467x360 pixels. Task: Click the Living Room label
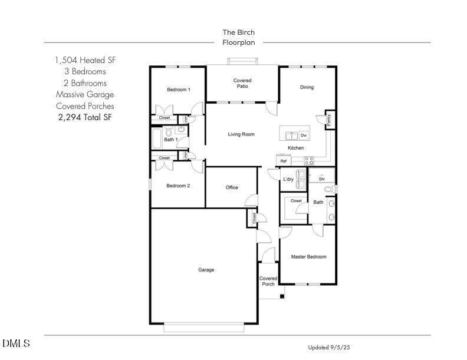(241, 134)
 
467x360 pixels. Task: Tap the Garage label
(206, 270)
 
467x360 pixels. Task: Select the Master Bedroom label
(308, 257)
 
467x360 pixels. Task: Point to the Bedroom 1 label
(178, 90)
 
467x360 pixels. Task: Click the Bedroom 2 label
(178, 186)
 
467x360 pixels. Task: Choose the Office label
(232, 187)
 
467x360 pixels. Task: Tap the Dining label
(307, 88)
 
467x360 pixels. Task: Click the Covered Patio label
(242, 83)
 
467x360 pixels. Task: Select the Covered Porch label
(268, 281)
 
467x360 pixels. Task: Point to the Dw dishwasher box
(304, 136)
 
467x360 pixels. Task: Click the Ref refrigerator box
(284, 161)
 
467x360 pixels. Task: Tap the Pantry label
(328, 120)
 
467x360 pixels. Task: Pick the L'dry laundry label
(288, 179)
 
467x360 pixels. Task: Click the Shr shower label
(322, 179)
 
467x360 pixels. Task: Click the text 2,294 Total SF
(85, 117)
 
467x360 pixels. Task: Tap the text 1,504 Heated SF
(85, 60)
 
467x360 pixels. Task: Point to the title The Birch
(238, 32)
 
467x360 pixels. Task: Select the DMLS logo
(16, 344)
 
